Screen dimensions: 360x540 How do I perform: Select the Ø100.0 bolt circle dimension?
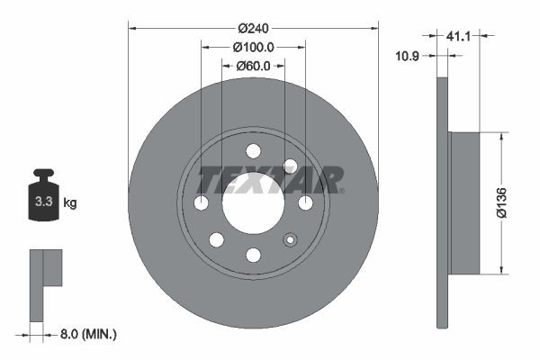(x=253, y=46)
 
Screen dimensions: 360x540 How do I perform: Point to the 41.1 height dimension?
(x=459, y=36)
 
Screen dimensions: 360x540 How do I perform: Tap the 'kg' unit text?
(x=70, y=202)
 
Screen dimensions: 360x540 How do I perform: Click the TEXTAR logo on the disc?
(x=270, y=180)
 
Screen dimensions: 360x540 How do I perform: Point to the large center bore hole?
(x=253, y=203)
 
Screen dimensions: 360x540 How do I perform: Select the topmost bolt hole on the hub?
(x=253, y=150)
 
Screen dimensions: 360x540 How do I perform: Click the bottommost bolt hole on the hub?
(x=253, y=256)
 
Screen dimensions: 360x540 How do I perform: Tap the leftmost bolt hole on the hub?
(x=201, y=203)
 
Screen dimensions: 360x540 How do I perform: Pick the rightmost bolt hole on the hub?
(x=305, y=203)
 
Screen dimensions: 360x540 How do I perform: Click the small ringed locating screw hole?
(x=290, y=239)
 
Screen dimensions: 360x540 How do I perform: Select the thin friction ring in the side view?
(x=441, y=202)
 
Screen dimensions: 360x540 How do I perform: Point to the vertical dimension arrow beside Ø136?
(x=501, y=202)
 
